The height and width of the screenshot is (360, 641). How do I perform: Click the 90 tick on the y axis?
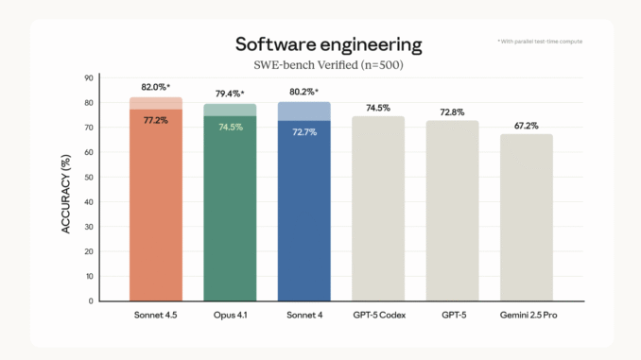coord(89,77)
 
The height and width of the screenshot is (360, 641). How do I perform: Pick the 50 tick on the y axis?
coord(89,177)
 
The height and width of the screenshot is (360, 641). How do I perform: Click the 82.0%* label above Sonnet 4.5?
coord(156,86)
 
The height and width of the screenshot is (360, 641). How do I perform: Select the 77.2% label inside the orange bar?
coord(155,121)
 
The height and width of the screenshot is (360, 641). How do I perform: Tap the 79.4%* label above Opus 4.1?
coord(230,93)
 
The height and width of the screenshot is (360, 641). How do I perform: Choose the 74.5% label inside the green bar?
coord(230,127)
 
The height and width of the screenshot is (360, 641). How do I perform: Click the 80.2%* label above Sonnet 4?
coord(303,91)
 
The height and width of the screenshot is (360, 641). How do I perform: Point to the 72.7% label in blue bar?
coord(303,131)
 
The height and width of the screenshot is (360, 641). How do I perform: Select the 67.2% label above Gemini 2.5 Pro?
coord(526,125)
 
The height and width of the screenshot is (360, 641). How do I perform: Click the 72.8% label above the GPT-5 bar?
coord(452,111)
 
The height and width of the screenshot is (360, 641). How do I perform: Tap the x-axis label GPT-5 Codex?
coord(377,315)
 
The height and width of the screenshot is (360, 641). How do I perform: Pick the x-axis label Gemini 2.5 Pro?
coord(526,315)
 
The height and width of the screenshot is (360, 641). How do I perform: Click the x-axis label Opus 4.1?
coord(230,315)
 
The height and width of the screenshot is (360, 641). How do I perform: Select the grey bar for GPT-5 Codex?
coord(377,208)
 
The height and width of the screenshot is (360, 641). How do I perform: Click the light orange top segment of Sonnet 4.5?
coord(155,103)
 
